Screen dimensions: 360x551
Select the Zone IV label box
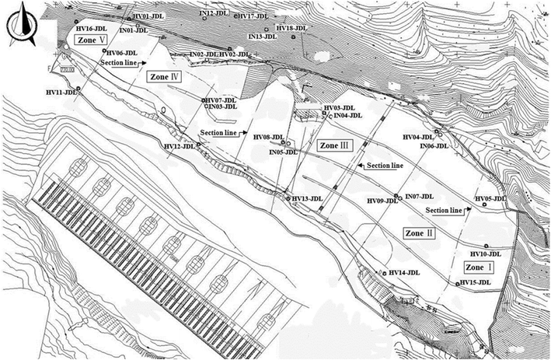[x=163, y=77]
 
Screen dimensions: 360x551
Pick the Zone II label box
[x=420, y=232]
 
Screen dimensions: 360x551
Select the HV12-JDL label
[x=179, y=146]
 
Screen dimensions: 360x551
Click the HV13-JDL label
[x=306, y=200]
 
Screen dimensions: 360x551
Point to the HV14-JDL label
[x=404, y=272]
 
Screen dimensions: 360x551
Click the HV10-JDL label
[x=486, y=253]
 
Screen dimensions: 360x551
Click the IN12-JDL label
[x=214, y=12]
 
